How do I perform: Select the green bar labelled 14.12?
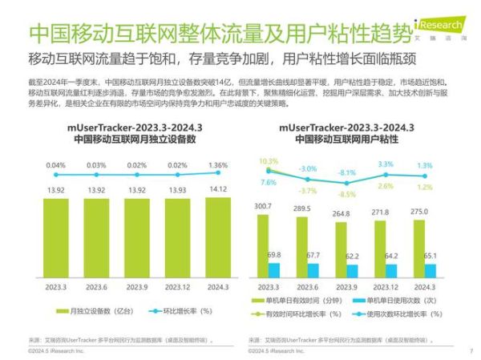[x=217, y=241]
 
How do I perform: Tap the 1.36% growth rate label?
[x=217, y=166]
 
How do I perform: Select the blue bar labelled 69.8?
[x=273, y=270]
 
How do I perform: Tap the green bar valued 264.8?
[x=340, y=253]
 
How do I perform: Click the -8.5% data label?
[x=346, y=194]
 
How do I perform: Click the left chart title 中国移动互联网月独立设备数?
[x=135, y=139]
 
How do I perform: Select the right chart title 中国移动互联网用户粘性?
[x=347, y=139]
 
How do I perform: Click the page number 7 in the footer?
[x=471, y=350]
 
